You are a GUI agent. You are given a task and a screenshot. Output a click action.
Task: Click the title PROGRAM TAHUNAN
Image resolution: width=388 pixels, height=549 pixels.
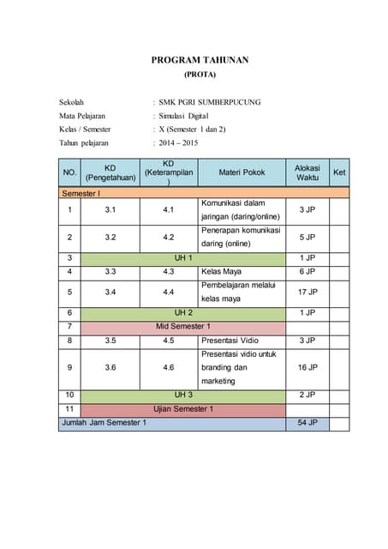(200, 60)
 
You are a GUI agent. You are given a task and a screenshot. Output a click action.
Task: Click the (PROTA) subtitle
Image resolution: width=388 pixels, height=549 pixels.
(200, 75)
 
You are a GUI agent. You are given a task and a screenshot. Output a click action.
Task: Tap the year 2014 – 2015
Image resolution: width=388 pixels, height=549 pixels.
(177, 142)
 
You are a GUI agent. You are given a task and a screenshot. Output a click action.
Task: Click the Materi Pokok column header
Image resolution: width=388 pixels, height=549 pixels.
(242, 172)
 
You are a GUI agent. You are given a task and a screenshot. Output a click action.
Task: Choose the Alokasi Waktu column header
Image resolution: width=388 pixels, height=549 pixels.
(307, 172)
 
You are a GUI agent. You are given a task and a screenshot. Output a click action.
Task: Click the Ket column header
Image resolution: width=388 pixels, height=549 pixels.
(339, 172)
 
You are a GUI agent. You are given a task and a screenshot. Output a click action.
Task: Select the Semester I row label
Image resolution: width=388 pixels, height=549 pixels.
(81, 194)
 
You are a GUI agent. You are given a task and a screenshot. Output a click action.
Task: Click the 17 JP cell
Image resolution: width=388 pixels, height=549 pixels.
(307, 292)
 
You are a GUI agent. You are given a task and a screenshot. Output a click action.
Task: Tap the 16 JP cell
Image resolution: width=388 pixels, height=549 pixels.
(307, 367)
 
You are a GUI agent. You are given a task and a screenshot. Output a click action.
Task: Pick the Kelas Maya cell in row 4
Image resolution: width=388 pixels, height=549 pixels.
(222, 271)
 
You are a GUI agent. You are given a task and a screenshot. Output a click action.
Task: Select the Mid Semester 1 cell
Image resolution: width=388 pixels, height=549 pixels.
(183, 327)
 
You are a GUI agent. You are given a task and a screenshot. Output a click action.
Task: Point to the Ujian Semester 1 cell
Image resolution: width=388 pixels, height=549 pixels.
(183, 409)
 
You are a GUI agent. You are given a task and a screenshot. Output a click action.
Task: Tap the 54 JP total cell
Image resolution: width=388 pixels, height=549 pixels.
(307, 423)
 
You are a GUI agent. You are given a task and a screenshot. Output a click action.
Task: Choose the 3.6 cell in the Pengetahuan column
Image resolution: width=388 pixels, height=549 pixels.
(110, 367)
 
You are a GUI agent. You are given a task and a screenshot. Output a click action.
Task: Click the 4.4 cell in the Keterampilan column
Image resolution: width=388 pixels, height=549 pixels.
(169, 292)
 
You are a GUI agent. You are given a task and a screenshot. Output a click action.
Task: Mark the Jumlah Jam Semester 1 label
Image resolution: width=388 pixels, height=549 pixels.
(104, 423)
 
